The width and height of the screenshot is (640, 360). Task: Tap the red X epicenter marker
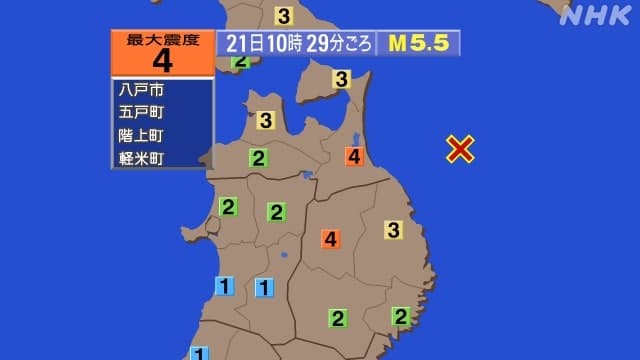pyautogui.click(x=460, y=148)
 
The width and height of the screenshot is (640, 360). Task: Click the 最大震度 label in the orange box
pyautogui.click(x=163, y=39)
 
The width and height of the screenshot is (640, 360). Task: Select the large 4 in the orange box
pyautogui.click(x=163, y=60)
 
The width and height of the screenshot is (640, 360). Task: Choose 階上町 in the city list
pyautogui.click(x=140, y=135)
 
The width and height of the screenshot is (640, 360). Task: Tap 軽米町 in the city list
pyautogui.click(x=140, y=158)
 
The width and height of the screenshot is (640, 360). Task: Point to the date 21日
pyautogui.click(x=239, y=44)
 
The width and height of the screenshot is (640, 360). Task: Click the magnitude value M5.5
pyautogui.click(x=418, y=44)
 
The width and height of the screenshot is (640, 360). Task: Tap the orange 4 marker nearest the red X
pyautogui.click(x=353, y=156)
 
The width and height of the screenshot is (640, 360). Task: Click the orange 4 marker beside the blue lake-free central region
pyautogui.click(x=331, y=239)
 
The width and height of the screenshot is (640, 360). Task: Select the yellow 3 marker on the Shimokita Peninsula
pyautogui.click(x=342, y=79)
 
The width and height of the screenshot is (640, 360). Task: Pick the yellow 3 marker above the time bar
pyautogui.click(x=284, y=16)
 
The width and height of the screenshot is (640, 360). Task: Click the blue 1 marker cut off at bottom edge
pyautogui.click(x=200, y=353)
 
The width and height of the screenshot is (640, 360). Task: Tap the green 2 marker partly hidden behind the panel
pyautogui.click(x=240, y=62)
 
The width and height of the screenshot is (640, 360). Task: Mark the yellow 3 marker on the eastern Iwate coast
pyautogui.click(x=394, y=230)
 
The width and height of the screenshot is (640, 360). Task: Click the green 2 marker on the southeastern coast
pyautogui.click(x=401, y=317)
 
